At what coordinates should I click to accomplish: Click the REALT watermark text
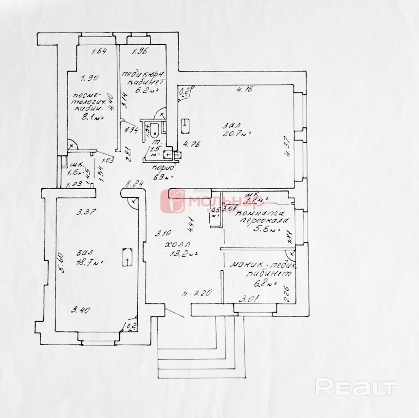pos(355,387)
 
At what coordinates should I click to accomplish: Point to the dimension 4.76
pos(191,144)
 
